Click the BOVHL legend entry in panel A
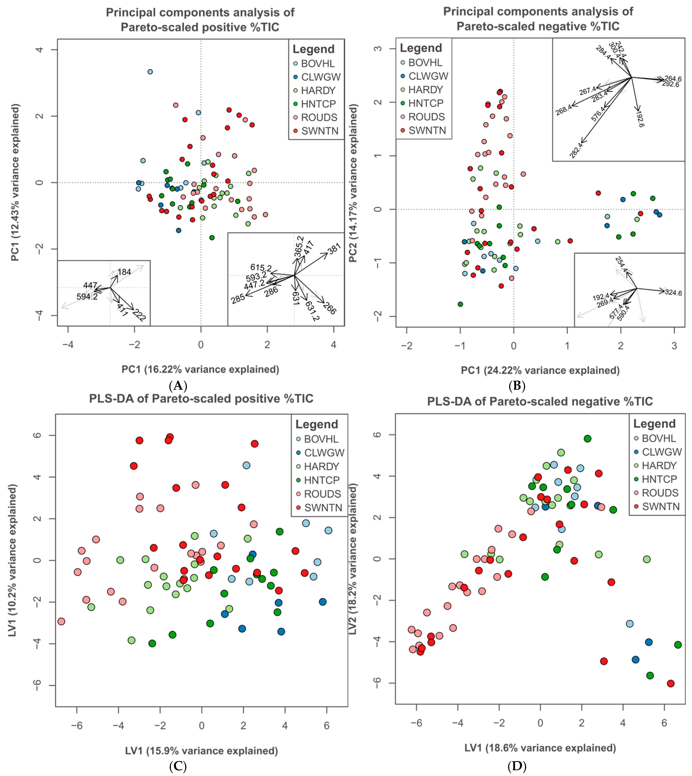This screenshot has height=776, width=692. point(318,63)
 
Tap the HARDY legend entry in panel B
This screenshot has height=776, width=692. point(425,90)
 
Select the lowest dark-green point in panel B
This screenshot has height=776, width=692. point(461,304)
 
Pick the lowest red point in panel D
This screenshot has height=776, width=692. point(671,683)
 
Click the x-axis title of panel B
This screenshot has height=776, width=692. point(540,370)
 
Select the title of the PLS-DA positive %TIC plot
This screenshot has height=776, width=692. point(201,399)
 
